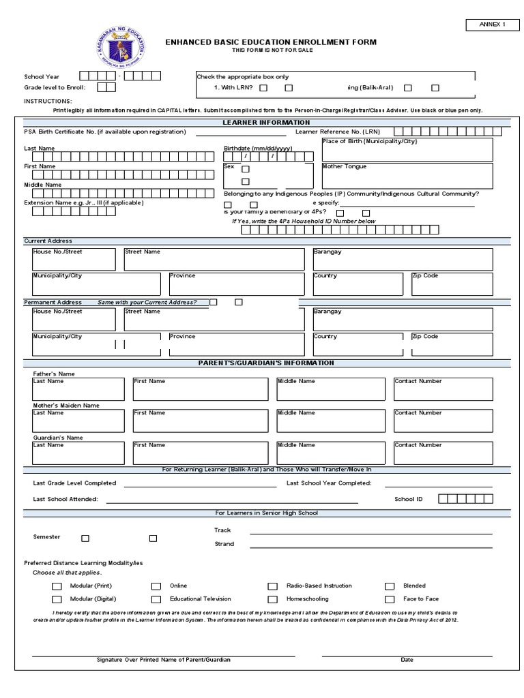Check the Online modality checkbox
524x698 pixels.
[x=156, y=586]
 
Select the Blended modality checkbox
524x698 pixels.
[x=390, y=586]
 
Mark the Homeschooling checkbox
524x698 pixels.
[x=273, y=600]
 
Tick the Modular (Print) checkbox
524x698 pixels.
[x=57, y=586]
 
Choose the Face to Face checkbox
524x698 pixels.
[x=390, y=600]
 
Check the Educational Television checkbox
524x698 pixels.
[x=156, y=600]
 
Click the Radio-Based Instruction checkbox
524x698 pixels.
[x=273, y=586]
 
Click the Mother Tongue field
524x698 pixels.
[x=407, y=176]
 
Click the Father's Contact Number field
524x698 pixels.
[x=443, y=389]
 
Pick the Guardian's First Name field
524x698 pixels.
[x=200, y=453]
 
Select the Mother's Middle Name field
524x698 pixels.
[x=332, y=421]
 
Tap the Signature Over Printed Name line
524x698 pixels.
[x=164, y=655]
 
